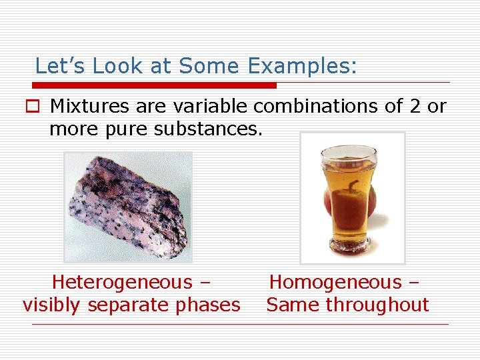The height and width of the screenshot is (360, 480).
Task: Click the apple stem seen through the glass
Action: tap(353, 184)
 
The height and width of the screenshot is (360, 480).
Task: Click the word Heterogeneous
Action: tap(122, 283)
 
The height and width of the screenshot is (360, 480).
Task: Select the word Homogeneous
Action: tap(335, 283)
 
